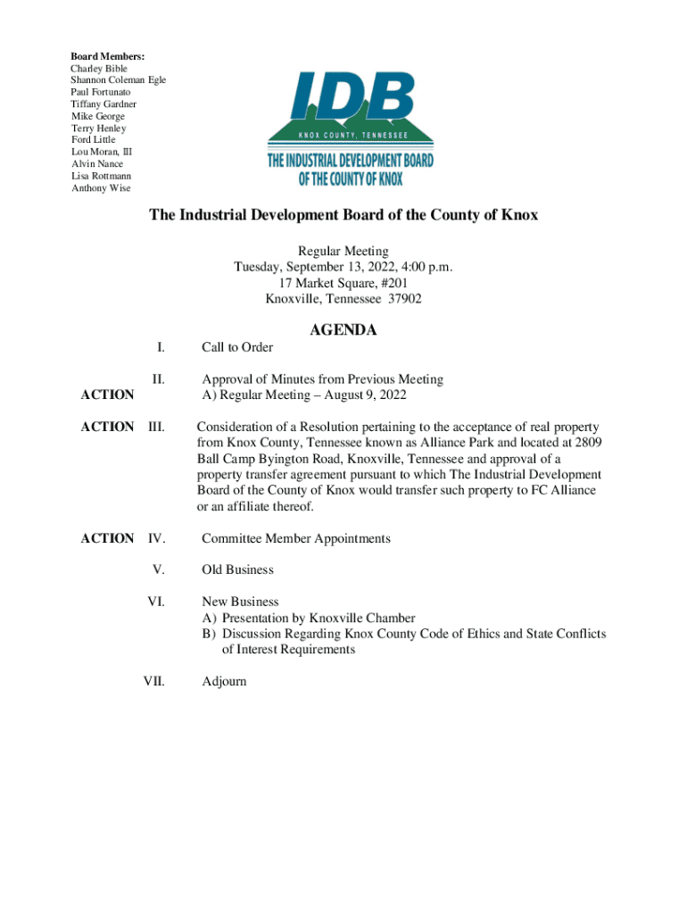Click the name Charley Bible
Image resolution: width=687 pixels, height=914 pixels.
[99, 69]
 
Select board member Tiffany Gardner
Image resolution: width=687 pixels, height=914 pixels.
[103, 104]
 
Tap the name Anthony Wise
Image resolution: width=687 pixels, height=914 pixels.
[100, 187]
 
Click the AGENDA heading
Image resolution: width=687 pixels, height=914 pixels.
[343, 330]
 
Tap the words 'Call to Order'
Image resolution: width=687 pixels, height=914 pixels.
[237, 347]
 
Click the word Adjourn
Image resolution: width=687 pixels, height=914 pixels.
[224, 681]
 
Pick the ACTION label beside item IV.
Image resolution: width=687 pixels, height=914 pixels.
[107, 538]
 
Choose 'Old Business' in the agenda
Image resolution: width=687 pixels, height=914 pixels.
[237, 569]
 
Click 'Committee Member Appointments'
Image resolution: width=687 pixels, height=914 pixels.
[296, 538]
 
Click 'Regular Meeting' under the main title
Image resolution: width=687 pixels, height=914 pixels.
[343, 251]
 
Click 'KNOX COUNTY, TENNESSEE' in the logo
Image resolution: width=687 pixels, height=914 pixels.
[351, 134]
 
